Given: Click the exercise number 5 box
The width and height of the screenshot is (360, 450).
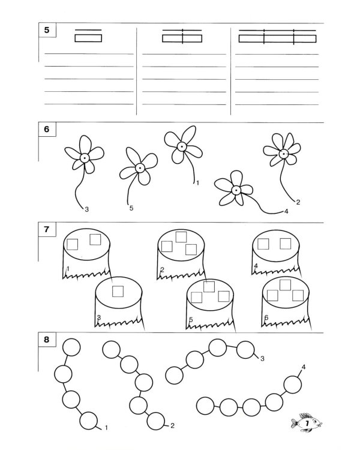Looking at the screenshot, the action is [x=47, y=30].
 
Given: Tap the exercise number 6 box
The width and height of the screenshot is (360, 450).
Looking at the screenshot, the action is [x=47, y=130].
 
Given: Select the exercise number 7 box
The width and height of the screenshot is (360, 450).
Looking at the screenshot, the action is [x=47, y=229].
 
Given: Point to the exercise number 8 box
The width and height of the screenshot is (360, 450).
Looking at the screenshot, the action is [x=47, y=340].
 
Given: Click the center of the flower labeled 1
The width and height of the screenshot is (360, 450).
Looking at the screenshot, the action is [x=181, y=146].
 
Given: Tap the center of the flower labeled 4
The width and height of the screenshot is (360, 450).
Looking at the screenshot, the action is [x=236, y=190].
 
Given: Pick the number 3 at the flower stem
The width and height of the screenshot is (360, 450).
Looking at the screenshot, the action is [x=86, y=209].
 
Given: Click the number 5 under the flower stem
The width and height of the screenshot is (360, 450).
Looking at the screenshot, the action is [x=131, y=208].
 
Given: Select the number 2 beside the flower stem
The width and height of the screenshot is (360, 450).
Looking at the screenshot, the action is [x=298, y=202].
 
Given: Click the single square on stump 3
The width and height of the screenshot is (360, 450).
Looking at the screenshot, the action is [x=118, y=291].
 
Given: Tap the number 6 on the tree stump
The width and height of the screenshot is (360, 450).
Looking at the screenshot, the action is [x=266, y=317].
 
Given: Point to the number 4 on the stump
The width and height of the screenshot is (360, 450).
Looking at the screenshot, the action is [x=256, y=266].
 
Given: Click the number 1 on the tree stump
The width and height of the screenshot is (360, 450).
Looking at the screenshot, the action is [x=68, y=269].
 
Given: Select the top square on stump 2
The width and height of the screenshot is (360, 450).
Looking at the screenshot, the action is [x=181, y=237].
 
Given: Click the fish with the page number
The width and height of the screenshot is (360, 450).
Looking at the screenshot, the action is [x=307, y=422].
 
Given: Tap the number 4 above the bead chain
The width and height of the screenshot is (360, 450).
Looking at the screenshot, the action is [x=304, y=367].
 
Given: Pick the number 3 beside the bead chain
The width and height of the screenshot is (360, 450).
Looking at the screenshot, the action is [x=262, y=358].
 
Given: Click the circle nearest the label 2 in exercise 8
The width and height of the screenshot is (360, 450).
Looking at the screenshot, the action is [x=155, y=421].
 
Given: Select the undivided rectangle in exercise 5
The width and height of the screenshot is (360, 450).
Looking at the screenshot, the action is [x=88, y=38].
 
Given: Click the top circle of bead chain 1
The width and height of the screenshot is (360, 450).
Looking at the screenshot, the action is [x=71, y=347].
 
